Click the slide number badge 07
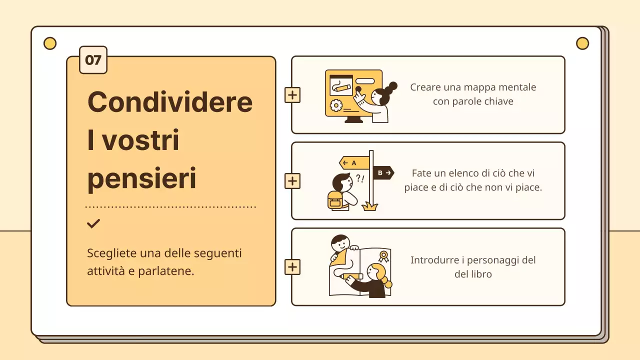click(93, 60)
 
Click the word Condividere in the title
click(169, 101)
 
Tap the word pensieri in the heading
click(141, 179)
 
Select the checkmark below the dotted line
click(93, 223)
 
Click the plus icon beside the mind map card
click(292, 95)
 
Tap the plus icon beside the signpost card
click(292, 181)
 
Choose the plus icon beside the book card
click(292, 267)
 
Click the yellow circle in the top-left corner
click(50, 43)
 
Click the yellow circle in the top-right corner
click(582, 43)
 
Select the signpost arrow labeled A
click(354, 162)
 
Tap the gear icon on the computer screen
click(336, 105)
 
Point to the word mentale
click(517, 87)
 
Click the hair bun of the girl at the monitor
click(392, 85)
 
